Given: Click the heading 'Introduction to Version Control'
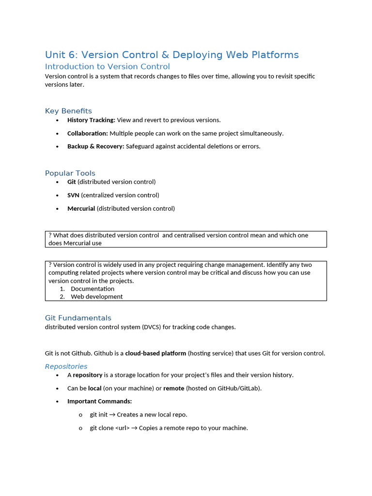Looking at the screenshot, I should point(107,66).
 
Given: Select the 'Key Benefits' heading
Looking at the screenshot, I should point(68,111).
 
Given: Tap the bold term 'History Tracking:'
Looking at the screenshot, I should point(91,120).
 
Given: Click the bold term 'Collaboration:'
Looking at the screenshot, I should point(87,133).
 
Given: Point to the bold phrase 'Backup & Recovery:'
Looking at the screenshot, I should point(95,146).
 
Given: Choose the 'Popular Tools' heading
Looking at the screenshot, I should point(70,173).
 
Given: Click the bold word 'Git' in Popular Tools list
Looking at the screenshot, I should point(72,182).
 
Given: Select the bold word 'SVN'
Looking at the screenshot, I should point(73,195).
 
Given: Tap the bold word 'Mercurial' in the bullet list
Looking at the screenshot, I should point(81,209).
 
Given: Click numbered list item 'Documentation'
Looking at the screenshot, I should point(93,289).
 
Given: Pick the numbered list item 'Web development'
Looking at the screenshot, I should point(96,296).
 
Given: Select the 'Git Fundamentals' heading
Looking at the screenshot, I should point(78,318).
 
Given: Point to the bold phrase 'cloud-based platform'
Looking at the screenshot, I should point(155,354).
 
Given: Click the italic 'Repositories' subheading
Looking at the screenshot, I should point(66,366).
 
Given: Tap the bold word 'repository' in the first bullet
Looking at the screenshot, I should point(87,375).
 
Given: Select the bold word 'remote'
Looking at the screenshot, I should point(173,388).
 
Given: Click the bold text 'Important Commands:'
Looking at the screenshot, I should point(99,402).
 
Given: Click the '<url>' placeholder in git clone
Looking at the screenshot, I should point(122,428).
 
